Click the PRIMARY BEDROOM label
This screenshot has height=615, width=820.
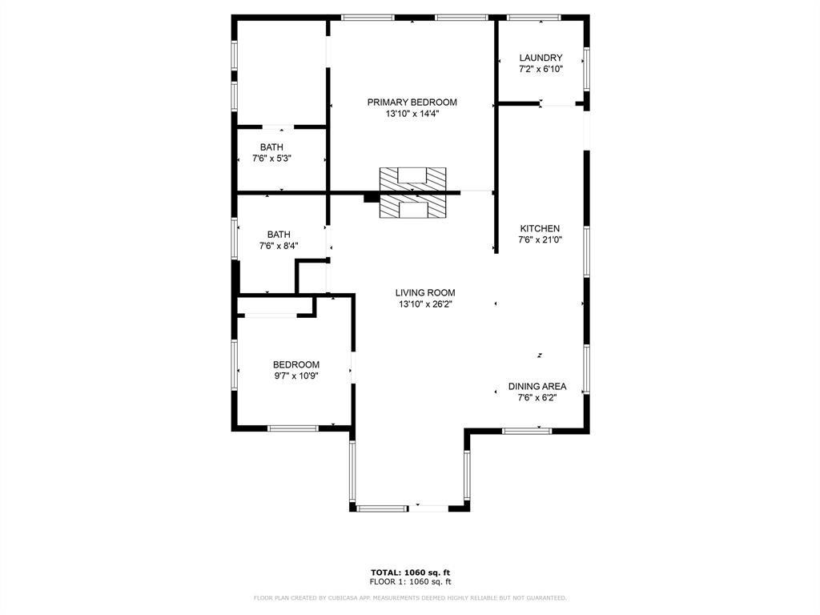click(412, 102)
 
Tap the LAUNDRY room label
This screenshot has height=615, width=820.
click(541, 58)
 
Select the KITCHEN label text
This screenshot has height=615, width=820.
click(540, 228)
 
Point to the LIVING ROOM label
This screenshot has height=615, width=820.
click(425, 293)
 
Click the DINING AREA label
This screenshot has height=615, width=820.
click(537, 386)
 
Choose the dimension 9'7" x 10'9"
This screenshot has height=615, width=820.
click(296, 376)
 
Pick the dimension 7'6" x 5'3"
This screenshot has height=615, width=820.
click(271, 159)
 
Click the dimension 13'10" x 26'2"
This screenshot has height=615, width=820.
click(425, 304)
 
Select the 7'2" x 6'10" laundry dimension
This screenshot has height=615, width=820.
click(541, 69)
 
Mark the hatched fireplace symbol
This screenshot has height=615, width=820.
click(412, 192)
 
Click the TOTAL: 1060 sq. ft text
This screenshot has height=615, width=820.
click(409, 572)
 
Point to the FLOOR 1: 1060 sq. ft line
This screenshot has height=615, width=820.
click(409, 581)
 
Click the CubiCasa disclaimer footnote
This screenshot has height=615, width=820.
click(409, 597)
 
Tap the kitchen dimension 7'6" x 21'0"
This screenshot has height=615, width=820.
click(540, 239)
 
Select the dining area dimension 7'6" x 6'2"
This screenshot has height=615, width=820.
click(537, 397)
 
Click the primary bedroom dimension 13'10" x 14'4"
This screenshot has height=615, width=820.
click(412, 114)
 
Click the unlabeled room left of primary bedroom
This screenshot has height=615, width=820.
click(281, 72)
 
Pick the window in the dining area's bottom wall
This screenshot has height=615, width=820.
click(527, 431)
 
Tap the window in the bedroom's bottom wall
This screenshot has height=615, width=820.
click(292, 428)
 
